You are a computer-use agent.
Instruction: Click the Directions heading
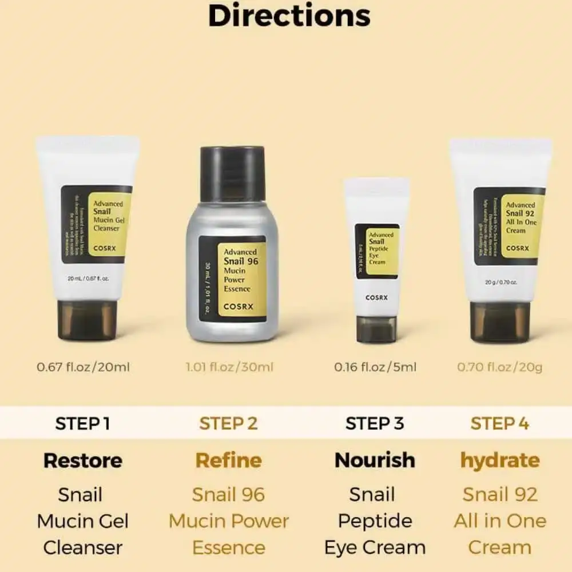(289, 16)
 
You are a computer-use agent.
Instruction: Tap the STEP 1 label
(82, 423)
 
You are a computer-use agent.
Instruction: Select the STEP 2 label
(228, 423)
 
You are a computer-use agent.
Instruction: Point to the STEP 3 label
(375, 423)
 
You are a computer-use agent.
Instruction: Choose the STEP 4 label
(499, 423)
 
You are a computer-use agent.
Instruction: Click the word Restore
(83, 460)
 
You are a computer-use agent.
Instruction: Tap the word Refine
(228, 460)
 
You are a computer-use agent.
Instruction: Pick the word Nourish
(375, 460)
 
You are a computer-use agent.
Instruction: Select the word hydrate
(499, 460)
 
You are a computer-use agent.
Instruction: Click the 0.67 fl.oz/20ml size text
(84, 367)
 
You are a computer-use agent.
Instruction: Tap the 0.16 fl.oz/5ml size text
(375, 367)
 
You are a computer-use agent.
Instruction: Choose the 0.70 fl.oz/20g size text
(499, 367)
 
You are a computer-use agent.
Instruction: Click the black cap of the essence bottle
(232, 173)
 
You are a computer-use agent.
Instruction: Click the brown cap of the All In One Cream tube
(500, 322)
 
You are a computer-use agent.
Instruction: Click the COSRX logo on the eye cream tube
(376, 297)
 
